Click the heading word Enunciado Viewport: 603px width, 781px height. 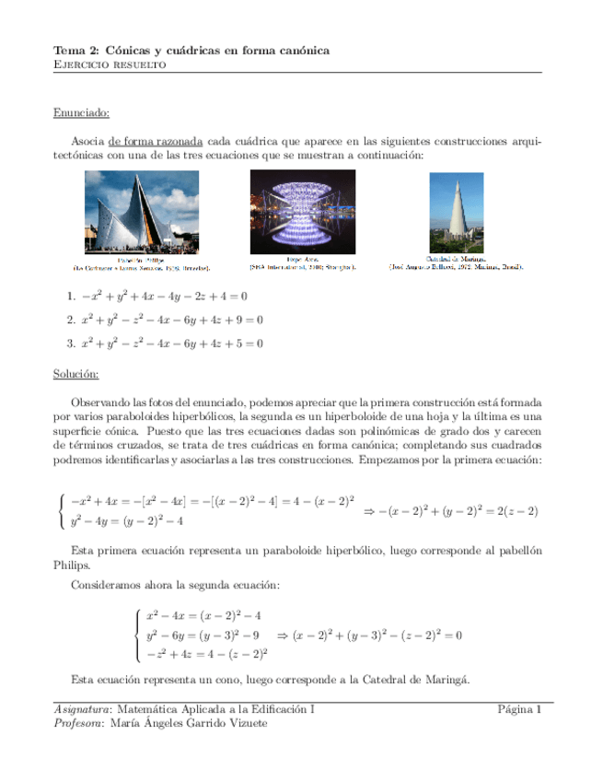[81, 112]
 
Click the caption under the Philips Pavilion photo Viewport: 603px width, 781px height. [141, 265]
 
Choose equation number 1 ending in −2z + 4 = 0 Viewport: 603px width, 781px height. [164, 297]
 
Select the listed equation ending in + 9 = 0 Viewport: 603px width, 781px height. [172, 320]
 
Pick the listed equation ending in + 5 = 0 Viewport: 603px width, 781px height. [172, 344]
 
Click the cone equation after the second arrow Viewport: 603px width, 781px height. [377, 635]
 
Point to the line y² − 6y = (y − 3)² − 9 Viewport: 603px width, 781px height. [203, 635]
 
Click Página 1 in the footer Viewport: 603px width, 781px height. [519, 709]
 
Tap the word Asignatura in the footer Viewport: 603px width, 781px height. [79, 709]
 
